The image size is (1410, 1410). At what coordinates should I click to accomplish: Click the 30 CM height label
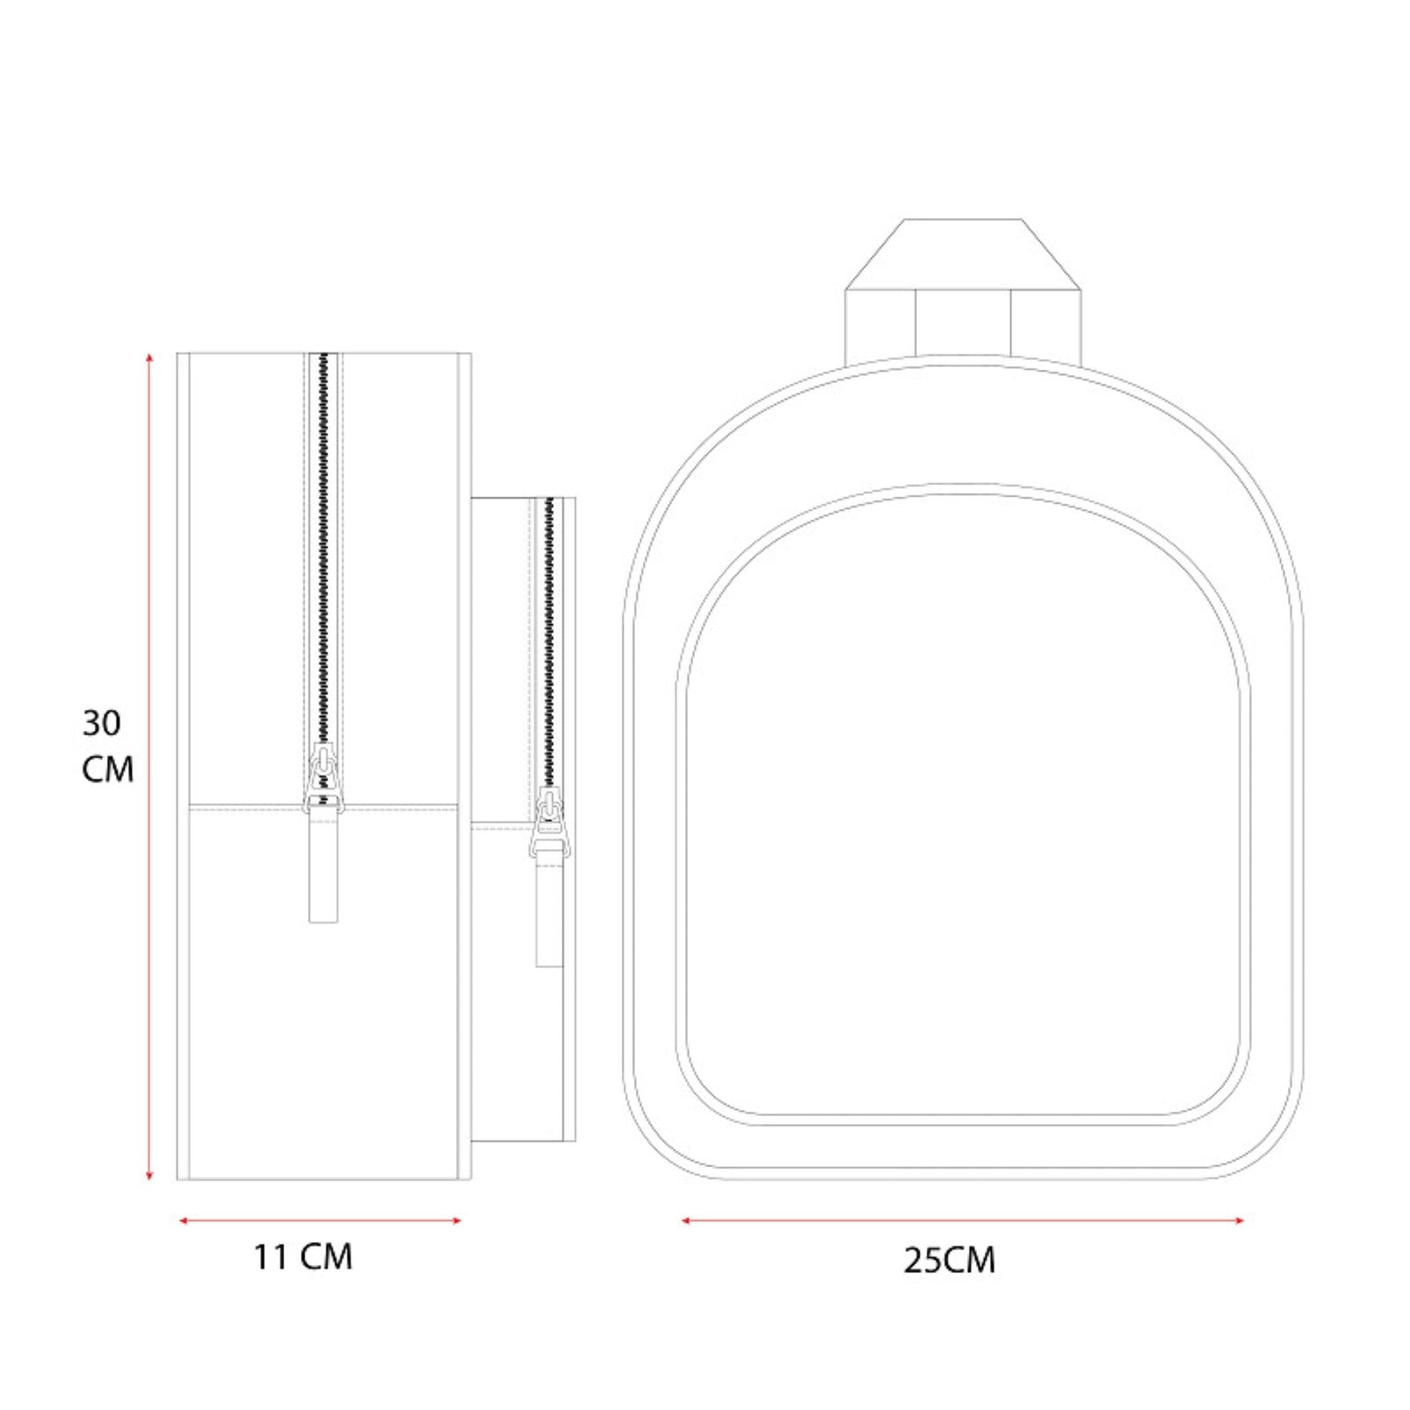point(108,746)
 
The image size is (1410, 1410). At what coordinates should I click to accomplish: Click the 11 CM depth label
point(302,1256)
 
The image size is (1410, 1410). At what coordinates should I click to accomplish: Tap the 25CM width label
point(949,1260)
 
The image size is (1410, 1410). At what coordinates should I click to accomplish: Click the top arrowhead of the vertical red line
point(149,358)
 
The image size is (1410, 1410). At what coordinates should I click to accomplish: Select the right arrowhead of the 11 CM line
point(455,1220)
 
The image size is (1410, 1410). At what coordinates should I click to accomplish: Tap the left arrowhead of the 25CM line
point(686,1220)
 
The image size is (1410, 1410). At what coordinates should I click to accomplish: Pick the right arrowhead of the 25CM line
point(1238,1220)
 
